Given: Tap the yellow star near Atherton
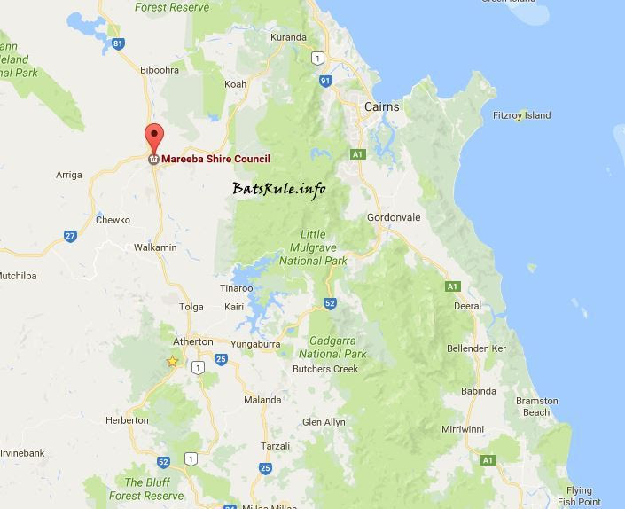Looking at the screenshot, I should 172,361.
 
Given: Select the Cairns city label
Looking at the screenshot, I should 382,107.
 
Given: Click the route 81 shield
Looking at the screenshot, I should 119,43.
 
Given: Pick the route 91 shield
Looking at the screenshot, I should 325,81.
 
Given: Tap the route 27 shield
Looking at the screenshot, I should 70,236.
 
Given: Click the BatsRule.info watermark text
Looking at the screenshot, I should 279,188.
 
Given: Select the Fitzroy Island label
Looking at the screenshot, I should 521,115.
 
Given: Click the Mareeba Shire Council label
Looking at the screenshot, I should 215,159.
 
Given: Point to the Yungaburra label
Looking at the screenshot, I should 255,342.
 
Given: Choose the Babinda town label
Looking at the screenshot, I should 478,390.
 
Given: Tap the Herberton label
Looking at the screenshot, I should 127,419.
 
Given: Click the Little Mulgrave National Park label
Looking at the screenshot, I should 313,249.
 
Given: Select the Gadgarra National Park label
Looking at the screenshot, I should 339,347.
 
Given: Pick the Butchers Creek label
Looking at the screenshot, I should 325,369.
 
